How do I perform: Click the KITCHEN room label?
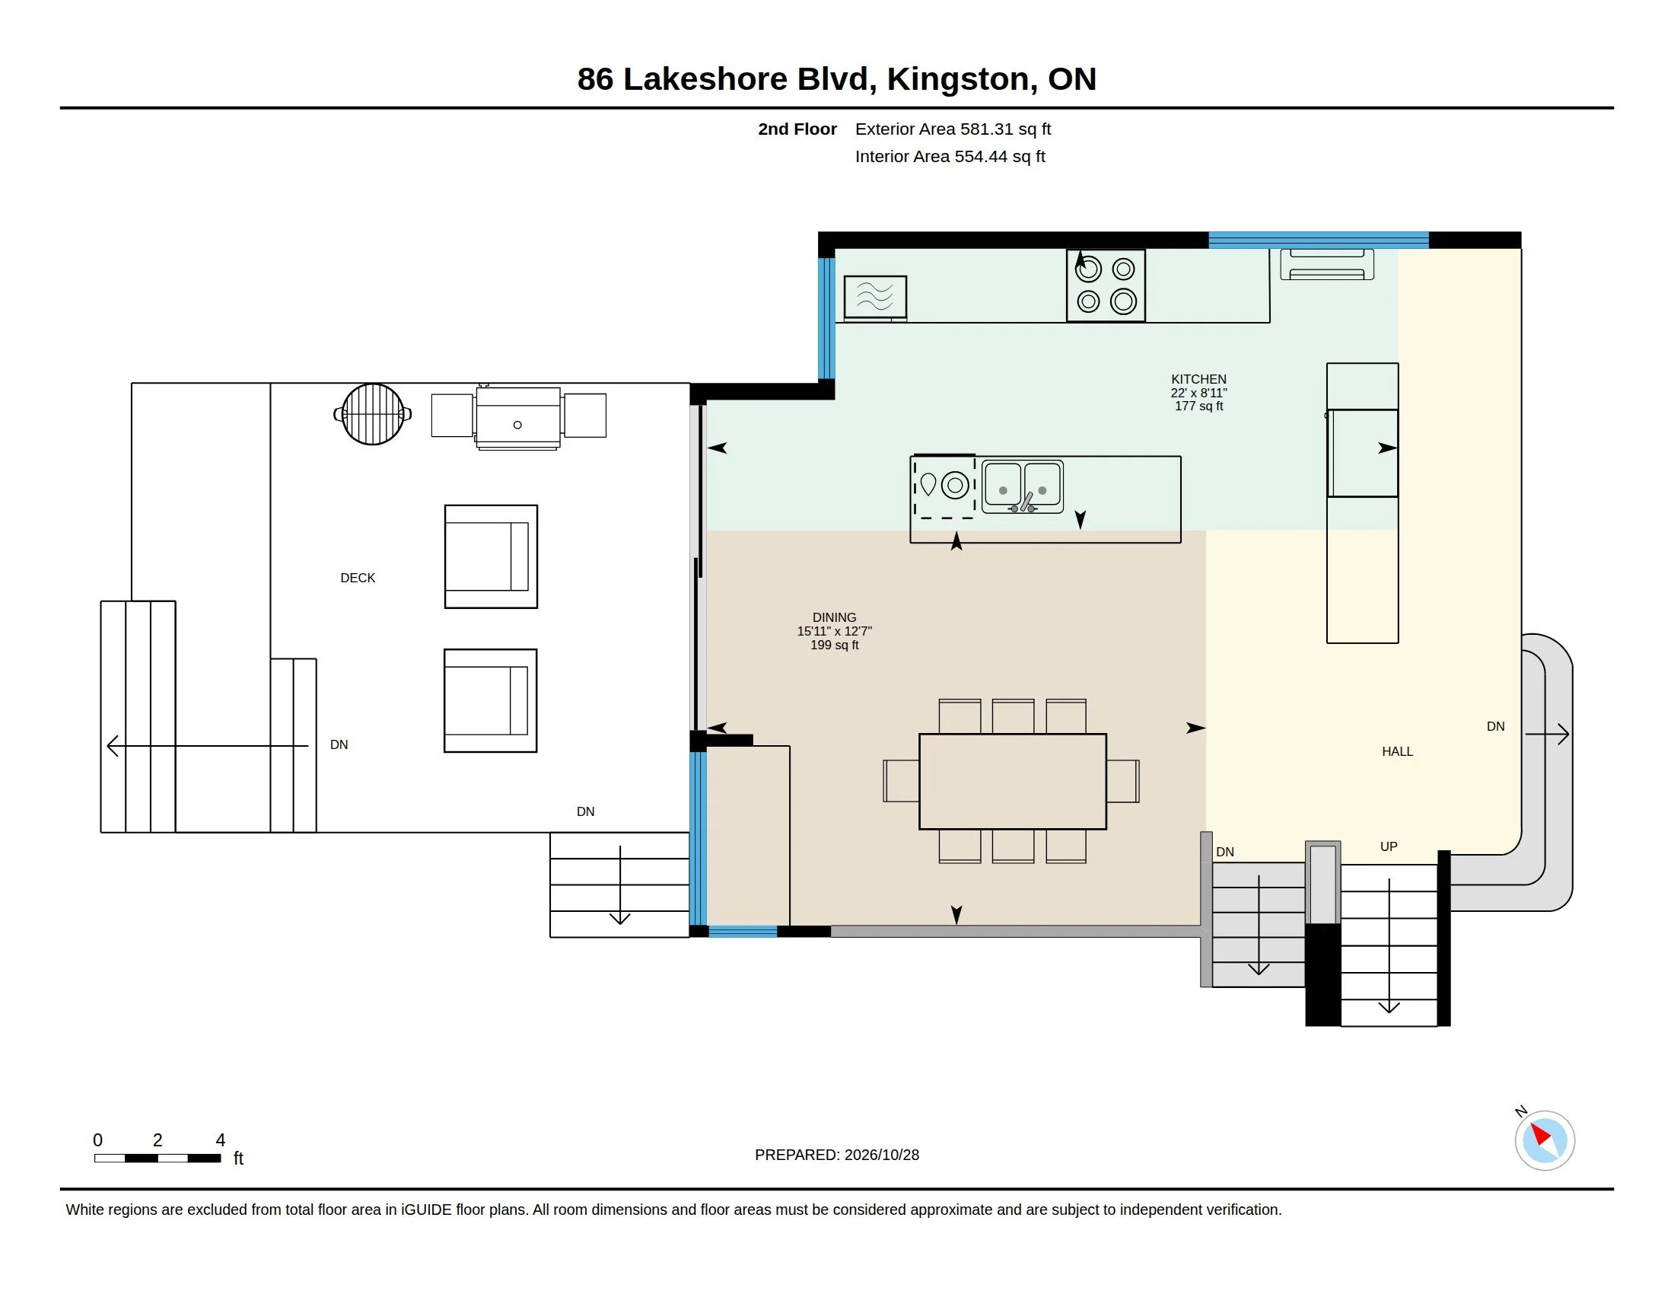(x=1198, y=380)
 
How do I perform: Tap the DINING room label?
(x=835, y=618)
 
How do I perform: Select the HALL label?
(x=1397, y=752)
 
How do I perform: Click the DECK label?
(x=358, y=578)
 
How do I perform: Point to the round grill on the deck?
(x=373, y=415)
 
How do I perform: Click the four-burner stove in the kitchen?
(x=1106, y=285)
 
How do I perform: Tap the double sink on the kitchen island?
(x=1023, y=487)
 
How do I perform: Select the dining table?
(x=1013, y=781)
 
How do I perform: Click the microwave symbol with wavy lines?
(x=875, y=297)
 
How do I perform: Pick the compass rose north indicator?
(x=1544, y=1140)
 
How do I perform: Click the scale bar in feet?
(x=158, y=1159)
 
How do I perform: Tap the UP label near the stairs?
(x=1389, y=847)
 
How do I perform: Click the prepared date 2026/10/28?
(x=880, y=1155)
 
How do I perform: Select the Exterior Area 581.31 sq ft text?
(x=953, y=129)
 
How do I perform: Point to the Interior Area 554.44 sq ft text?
(x=950, y=157)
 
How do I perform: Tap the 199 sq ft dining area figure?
(x=835, y=645)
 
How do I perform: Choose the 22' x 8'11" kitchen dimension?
(x=1198, y=394)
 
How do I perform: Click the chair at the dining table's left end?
(x=901, y=781)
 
